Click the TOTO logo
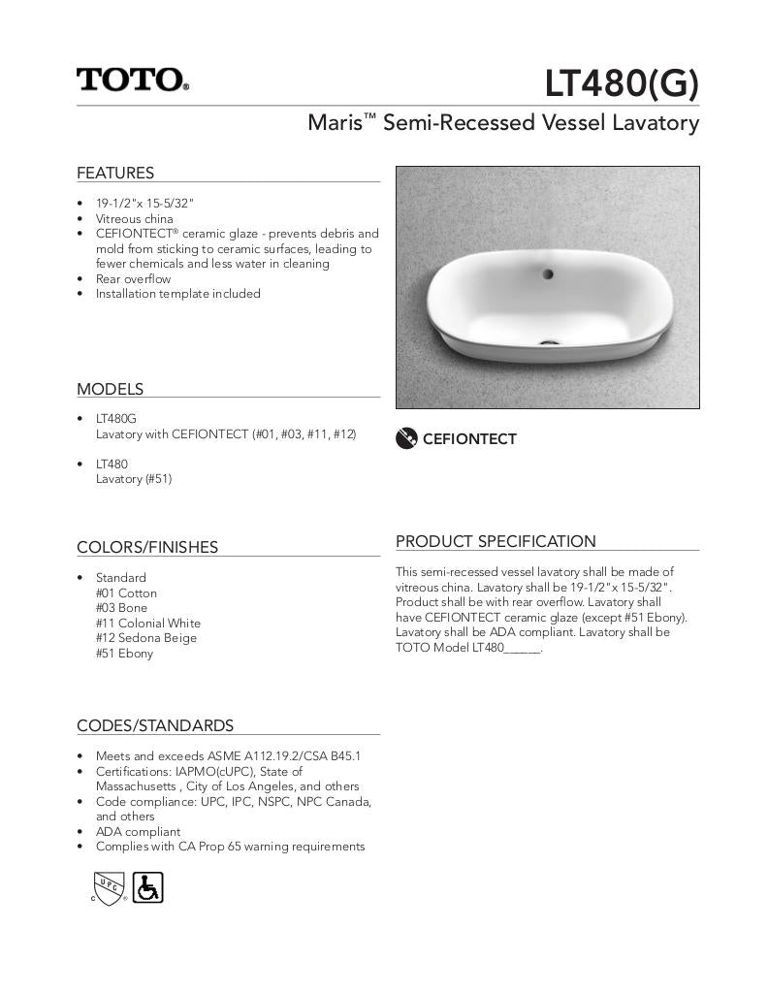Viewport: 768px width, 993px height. tap(133, 80)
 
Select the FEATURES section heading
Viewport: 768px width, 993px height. tap(115, 173)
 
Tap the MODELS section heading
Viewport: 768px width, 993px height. tap(110, 389)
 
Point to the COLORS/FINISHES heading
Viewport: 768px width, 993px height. tap(147, 547)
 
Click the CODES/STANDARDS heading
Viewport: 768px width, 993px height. tap(155, 725)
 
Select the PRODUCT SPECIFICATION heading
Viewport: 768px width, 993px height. tap(496, 541)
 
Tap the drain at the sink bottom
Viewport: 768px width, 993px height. tap(551, 340)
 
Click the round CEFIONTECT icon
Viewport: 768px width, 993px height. tap(407, 438)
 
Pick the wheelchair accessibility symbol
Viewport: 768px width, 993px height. tap(147, 886)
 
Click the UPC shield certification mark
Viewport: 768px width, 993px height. tap(108, 886)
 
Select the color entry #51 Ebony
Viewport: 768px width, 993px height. tap(124, 654)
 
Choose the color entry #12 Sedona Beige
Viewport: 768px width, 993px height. tap(145, 638)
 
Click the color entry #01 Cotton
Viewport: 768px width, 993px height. tap(126, 593)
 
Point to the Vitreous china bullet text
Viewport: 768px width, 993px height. tap(134, 219)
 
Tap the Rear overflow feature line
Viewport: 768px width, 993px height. tap(133, 278)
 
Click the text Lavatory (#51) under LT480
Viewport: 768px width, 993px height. tap(133, 479)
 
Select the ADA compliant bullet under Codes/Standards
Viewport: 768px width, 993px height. tap(138, 831)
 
